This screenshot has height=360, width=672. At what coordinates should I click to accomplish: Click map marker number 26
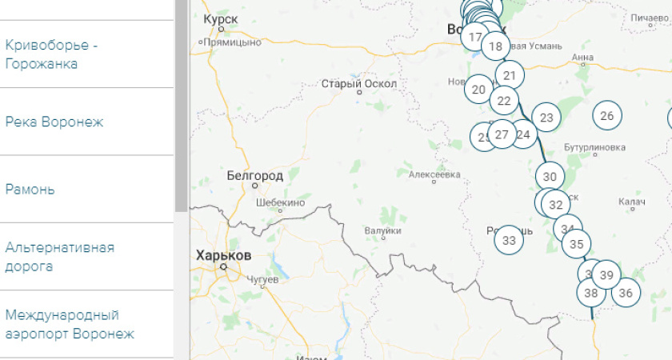pyautogui.click(x=607, y=116)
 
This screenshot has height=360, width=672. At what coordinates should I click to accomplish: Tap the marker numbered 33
pyautogui.click(x=510, y=239)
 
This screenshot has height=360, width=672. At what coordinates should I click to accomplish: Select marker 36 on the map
pyautogui.click(x=626, y=293)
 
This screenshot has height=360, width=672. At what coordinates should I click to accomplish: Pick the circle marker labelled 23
pyautogui.click(x=546, y=118)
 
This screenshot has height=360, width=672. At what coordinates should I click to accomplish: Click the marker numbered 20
pyautogui.click(x=479, y=90)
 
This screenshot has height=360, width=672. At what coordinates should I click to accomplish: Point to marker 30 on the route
pyautogui.click(x=550, y=177)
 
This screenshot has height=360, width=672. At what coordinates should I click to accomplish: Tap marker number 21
pyautogui.click(x=509, y=76)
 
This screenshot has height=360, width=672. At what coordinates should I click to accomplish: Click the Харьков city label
pyautogui.click(x=223, y=255)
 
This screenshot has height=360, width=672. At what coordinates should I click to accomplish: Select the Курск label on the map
pyautogui.click(x=220, y=18)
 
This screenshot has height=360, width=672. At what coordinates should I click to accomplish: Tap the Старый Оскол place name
pyautogui.click(x=358, y=83)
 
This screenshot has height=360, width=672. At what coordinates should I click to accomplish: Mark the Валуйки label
pyautogui.click(x=382, y=230)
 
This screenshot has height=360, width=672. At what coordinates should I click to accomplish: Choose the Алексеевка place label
pyautogui.click(x=434, y=174)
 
